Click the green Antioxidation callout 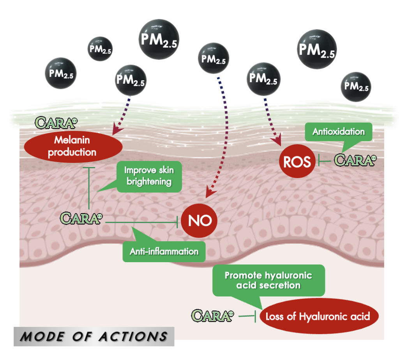click(338, 132)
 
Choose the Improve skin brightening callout click(148, 176)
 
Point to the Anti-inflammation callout click(164, 251)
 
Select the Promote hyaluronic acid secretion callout click(268, 280)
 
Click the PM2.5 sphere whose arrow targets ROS click(263, 78)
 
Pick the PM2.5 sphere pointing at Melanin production click(131, 81)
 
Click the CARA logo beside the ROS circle click(356, 160)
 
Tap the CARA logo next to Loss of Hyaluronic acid click(213, 315)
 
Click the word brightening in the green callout click(148, 181)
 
